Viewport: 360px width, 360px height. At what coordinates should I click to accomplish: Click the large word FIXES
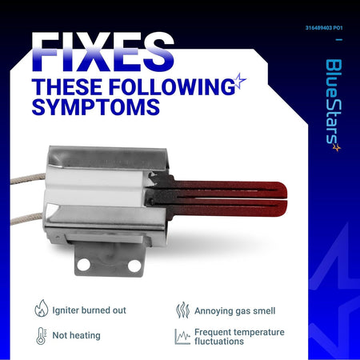(103, 52)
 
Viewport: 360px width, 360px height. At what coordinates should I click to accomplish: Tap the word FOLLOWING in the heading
(172, 86)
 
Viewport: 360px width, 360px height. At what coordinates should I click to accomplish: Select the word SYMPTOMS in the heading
(96, 106)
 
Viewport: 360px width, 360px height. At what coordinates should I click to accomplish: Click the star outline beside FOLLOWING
(240, 81)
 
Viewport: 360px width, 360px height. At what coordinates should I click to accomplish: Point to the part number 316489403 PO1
(324, 28)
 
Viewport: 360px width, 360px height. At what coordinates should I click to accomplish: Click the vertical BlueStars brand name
(334, 102)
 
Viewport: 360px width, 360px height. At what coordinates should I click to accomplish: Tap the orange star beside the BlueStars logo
(337, 147)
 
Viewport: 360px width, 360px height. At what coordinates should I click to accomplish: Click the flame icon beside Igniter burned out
(42, 308)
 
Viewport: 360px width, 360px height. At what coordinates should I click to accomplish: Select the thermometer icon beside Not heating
(41, 336)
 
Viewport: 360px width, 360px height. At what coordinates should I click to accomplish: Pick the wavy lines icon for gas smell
(182, 310)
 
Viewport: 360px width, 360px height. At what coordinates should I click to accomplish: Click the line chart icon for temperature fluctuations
(182, 337)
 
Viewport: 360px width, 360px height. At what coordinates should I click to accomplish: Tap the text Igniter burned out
(89, 310)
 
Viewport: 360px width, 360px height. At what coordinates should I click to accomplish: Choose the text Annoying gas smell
(234, 311)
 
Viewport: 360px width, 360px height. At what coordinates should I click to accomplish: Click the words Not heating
(76, 335)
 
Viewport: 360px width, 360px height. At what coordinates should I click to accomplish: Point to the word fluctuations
(219, 341)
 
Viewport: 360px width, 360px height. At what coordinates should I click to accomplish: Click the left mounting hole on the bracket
(84, 265)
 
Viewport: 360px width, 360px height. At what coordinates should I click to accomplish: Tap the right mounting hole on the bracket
(134, 266)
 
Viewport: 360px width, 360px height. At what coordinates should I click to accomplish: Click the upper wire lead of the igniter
(28, 178)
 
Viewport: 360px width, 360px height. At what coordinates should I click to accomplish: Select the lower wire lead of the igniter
(27, 219)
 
